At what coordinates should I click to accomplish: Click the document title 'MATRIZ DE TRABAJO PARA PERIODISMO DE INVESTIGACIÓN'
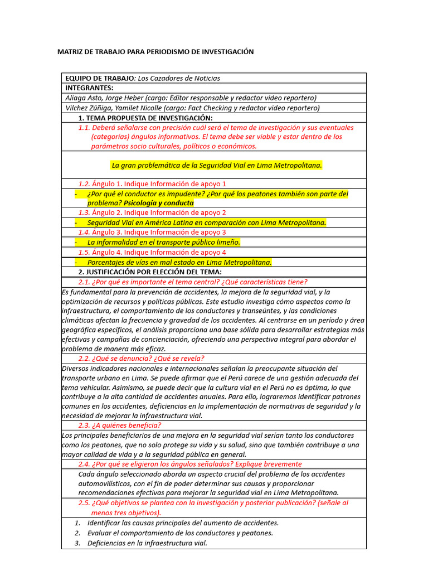tap(155, 52)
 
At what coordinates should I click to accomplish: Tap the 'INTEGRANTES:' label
tap(89, 88)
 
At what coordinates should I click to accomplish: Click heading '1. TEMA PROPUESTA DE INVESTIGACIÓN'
tap(145, 118)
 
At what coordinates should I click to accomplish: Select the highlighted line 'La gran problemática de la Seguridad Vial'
tap(217, 165)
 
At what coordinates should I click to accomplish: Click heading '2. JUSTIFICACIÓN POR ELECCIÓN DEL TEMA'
tap(150, 272)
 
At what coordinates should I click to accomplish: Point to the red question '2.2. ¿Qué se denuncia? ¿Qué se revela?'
tap(141, 359)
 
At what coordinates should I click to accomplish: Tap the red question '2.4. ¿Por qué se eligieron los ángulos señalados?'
tap(190, 464)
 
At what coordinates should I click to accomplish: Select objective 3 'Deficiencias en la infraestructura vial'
tap(147, 543)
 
